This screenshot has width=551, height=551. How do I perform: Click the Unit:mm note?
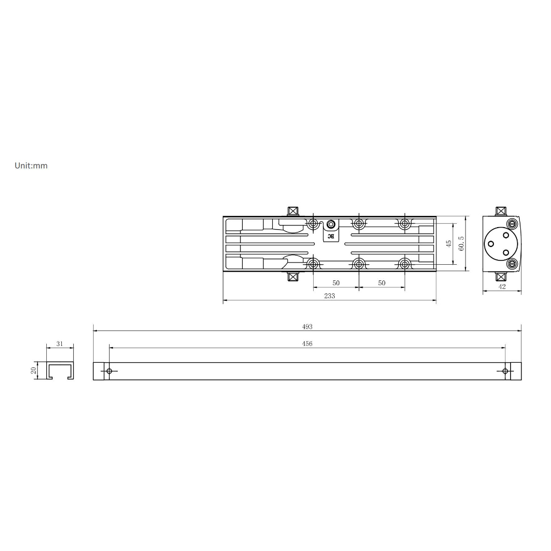31,166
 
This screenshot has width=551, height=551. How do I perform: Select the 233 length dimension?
330,296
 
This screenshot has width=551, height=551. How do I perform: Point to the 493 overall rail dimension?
307,327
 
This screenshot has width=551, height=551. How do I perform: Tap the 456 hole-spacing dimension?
307,344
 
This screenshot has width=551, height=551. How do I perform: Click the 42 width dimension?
502,286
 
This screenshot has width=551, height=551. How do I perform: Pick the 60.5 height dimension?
461,244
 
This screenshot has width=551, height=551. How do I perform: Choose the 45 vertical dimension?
448,244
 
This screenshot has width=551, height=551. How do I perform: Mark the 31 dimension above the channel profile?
60,344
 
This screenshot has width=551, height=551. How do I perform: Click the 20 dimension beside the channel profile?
34,370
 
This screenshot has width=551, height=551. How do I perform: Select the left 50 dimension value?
336,283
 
